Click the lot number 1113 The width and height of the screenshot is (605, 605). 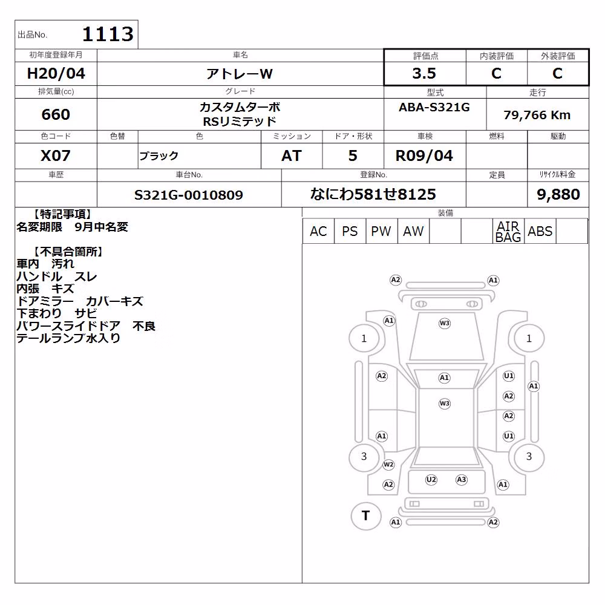(108, 34)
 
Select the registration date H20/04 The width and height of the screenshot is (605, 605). (56, 73)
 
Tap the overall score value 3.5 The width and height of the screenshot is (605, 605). (424, 73)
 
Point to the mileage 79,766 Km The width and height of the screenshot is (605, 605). (537, 115)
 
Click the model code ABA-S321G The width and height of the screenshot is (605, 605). (434, 107)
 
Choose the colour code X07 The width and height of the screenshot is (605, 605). (56, 155)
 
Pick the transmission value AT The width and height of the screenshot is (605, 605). (292, 155)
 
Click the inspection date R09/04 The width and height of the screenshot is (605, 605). (424, 155)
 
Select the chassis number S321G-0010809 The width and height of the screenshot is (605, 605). (189, 195)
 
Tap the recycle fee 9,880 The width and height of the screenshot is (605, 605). (558, 194)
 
